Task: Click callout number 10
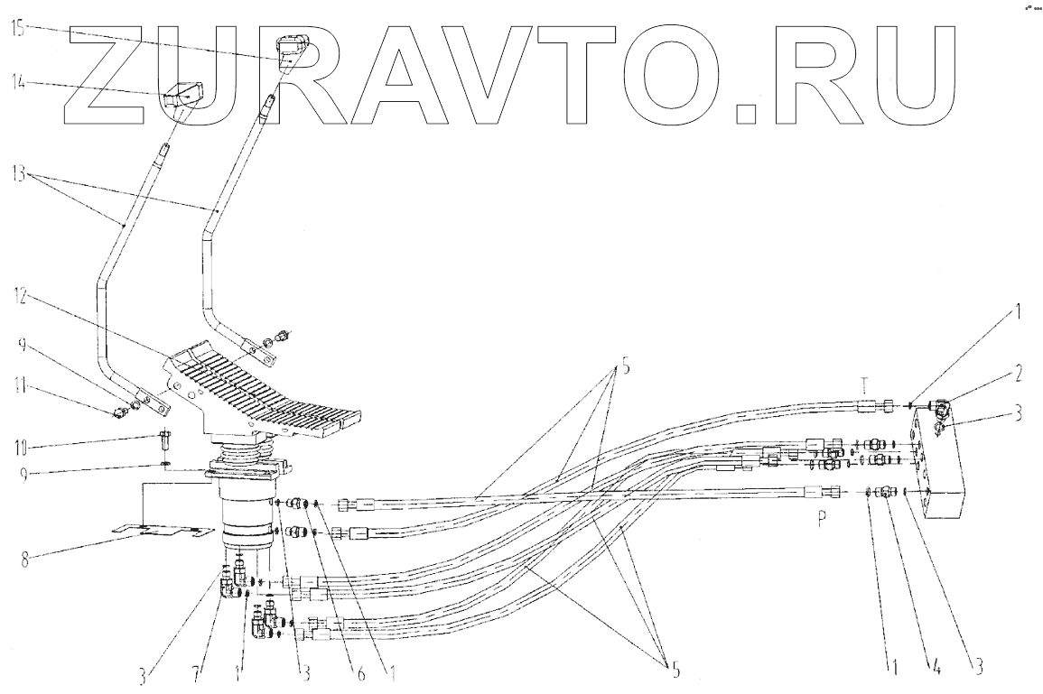coord(20,444)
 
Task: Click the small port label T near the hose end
coord(865,382)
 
